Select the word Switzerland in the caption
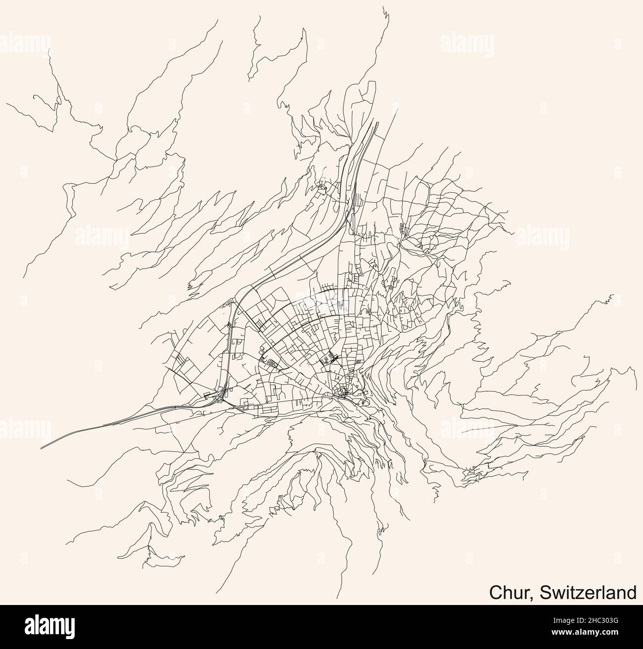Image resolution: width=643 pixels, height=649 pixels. [589, 592]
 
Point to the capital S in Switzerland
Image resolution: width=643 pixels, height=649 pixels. [545, 592]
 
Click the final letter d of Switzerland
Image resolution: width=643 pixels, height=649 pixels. [631, 592]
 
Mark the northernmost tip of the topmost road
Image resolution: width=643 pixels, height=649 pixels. [385, 7]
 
